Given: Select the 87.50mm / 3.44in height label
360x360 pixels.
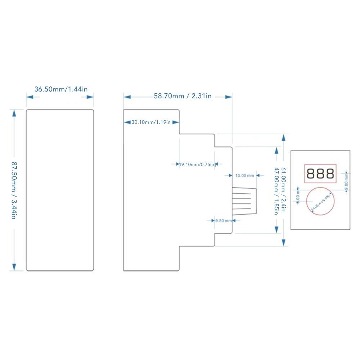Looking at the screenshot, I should (x=14, y=190).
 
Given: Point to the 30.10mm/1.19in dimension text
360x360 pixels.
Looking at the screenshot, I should (x=151, y=122).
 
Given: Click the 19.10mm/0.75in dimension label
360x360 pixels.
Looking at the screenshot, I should (x=197, y=165).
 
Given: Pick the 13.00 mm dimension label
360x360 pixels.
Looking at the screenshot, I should (x=244, y=176).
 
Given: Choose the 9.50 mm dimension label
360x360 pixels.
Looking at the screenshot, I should (x=223, y=221).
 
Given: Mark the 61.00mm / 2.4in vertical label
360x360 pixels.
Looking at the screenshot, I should (x=284, y=189).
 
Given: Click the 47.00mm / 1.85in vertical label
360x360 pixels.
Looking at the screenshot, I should (x=276, y=190).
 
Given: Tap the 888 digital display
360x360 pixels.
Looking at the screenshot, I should (x=320, y=174).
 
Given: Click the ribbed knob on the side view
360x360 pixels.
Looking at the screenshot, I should (x=244, y=201).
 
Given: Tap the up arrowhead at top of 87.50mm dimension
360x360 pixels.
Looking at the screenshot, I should (x=14, y=113).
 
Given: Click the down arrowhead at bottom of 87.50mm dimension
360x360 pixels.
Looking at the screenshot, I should (x=14, y=267).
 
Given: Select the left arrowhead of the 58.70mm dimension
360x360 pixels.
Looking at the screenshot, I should (x=126, y=96).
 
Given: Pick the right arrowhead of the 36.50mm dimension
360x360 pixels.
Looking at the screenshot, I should (x=90, y=96).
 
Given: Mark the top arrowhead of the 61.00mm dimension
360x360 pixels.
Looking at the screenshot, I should (x=284, y=137).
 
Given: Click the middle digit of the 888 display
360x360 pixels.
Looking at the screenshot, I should (x=320, y=174).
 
